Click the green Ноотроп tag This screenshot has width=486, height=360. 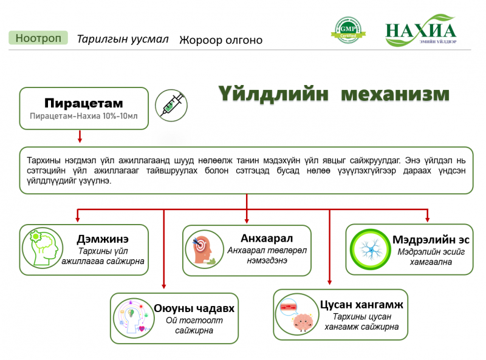coord(38,38)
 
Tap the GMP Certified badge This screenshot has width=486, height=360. coord(348,30)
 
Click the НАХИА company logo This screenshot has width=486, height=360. coord(420,30)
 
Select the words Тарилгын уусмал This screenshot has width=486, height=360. coord(123,39)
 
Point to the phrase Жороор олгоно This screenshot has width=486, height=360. coord(221,40)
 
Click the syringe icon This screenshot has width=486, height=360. coord(171,106)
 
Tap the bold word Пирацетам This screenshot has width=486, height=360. coord(84,103)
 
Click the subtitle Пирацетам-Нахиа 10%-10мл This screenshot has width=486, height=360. coord(84,116)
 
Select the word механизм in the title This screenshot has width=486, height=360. coord(395,93)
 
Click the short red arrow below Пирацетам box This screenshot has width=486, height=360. coord(80,137)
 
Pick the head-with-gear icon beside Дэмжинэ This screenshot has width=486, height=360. coord(43,248)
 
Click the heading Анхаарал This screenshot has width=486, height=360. coord(267,238)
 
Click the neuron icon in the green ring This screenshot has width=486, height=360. coord(370,249)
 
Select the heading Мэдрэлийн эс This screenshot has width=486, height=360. coord(431,239)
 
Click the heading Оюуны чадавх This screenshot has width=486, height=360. coord(194,308)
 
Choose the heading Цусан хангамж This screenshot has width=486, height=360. coord(361,305)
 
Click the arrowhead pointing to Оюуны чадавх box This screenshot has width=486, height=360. coord(164,287)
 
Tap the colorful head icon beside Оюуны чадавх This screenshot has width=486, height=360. coord(134,318)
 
